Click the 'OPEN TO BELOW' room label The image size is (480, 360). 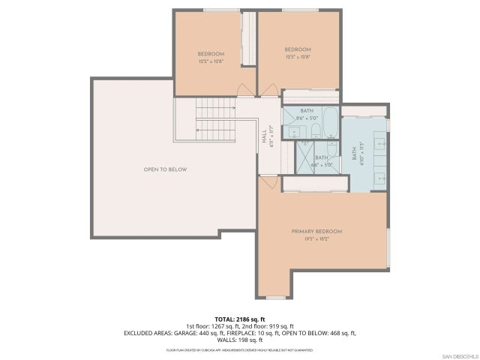165,169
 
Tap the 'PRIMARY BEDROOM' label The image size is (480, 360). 316,231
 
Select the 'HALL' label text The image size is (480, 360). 264,137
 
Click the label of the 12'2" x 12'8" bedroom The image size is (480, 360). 211,54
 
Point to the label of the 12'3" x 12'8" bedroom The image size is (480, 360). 297,50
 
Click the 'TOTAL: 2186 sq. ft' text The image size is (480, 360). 240,319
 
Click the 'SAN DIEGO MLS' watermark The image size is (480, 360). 457,355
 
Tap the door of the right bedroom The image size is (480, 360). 268,91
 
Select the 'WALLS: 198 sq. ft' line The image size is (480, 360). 240,339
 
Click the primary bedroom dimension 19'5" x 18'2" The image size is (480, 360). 316,238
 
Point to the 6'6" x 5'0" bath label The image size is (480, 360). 322,160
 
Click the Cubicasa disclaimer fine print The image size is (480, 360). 240,350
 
